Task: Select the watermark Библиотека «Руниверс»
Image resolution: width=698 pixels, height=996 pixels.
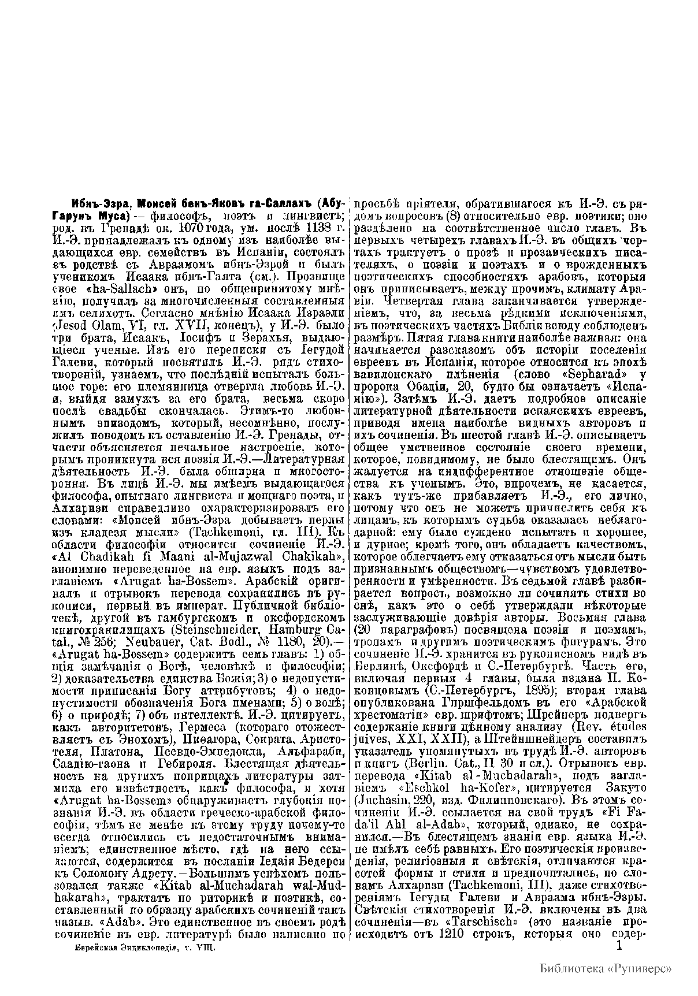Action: pos(606,968)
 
